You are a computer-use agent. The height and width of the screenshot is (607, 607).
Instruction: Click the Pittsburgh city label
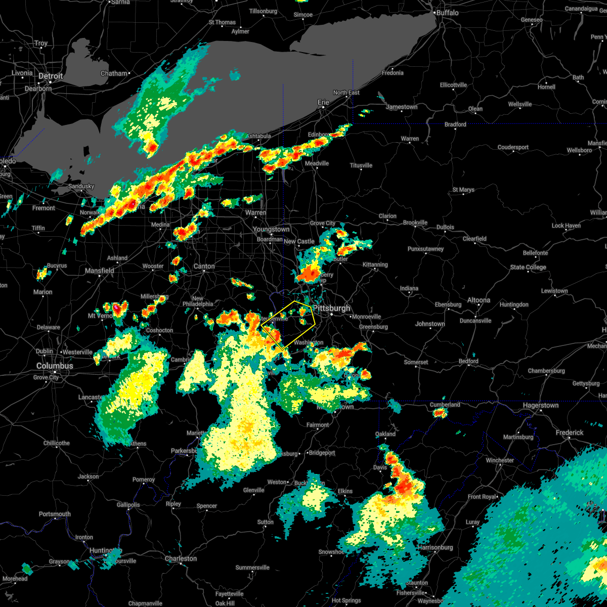pyautogui.click(x=332, y=308)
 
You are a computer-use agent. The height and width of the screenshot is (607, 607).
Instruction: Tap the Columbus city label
pyautogui.click(x=55, y=366)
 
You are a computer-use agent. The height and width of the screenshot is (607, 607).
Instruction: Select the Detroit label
pyautogui.click(x=51, y=76)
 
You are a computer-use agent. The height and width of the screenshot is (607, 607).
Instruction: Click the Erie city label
pyautogui.click(x=323, y=102)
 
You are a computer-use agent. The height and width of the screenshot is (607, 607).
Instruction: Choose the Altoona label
pyautogui.click(x=479, y=300)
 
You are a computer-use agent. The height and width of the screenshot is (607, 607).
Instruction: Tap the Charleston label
pyautogui.click(x=181, y=558)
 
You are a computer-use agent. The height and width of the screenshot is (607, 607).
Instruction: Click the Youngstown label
pyautogui.click(x=272, y=229)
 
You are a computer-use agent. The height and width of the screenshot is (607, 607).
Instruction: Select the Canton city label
pyautogui.click(x=204, y=266)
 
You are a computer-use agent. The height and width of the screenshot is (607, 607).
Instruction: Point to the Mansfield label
pyautogui.click(x=100, y=271)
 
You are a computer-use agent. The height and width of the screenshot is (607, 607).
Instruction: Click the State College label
pyautogui.click(x=528, y=267)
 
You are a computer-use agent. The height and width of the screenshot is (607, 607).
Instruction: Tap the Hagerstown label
pyautogui.click(x=541, y=405)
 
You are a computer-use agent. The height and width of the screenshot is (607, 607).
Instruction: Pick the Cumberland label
pyautogui.click(x=445, y=404)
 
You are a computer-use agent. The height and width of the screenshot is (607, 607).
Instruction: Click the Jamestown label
pyautogui.click(x=402, y=107)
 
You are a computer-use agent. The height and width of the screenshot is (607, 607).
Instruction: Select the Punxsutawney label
pyautogui.click(x=425, y=249)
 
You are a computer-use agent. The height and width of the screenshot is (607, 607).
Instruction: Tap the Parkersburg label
pyautogui.click(x=184, y=451)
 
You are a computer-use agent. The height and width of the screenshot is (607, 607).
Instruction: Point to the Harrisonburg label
pyautogui.click(x=435, y=547)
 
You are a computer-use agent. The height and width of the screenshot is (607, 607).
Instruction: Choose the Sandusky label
pyautogui.click(x=81, y=186)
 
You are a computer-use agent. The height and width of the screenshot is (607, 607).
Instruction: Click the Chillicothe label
pyautogui.click(x=57, y=443)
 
